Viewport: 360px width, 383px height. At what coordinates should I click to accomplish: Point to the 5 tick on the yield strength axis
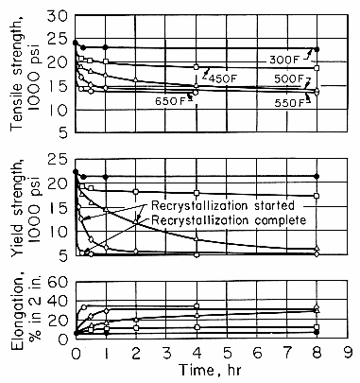[62, 255]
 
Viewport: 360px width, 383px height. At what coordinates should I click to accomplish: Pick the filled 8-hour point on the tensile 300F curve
[317, 49]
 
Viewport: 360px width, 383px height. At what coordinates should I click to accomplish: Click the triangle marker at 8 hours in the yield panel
[317, 249]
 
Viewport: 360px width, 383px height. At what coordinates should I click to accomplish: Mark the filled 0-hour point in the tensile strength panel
[76, 43]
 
